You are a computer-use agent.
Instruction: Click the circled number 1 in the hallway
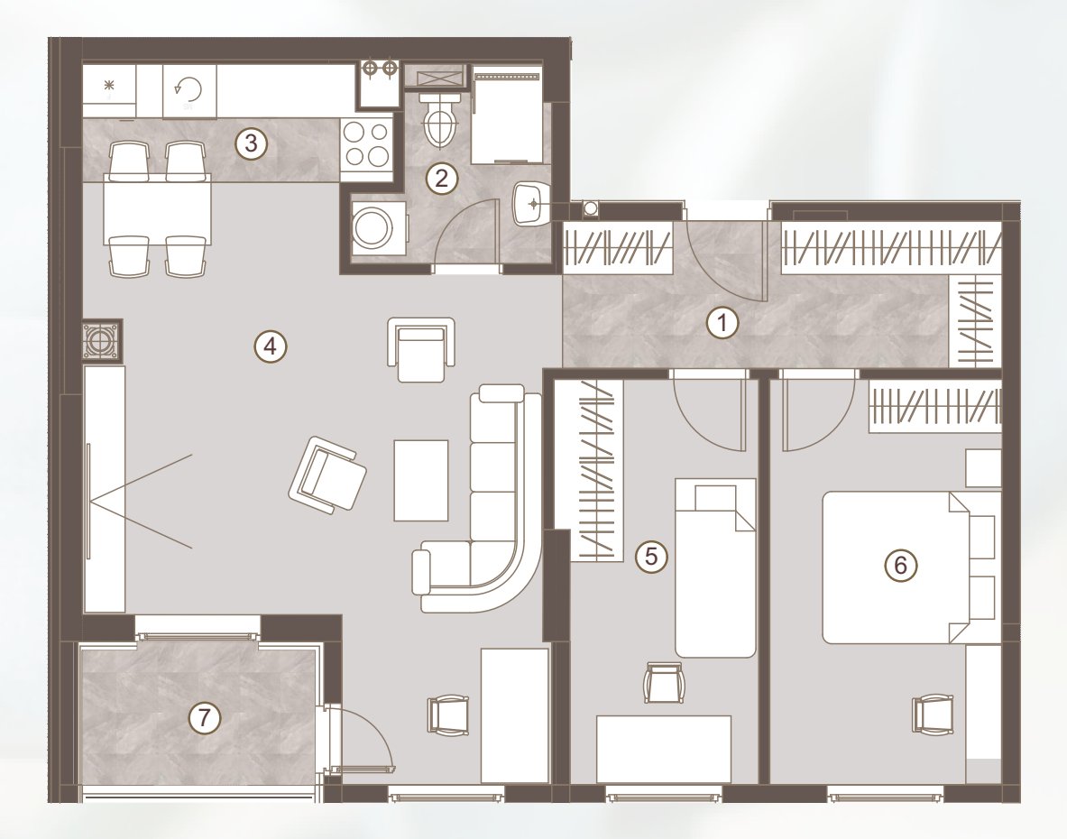click(722, 322)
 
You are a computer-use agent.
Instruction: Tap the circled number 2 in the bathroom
click(441, 179)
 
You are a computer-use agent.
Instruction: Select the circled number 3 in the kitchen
click(251, 143)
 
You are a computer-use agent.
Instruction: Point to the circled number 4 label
click(271, 347)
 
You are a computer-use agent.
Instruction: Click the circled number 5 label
click(651, 557)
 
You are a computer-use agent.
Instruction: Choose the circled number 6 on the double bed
click(900, 565)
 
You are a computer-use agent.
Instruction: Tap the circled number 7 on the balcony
click(204, 718)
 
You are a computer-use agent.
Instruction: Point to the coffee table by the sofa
click(420, 480)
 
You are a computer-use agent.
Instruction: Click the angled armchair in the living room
click(327, 475)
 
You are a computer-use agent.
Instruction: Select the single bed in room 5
click(715, 567)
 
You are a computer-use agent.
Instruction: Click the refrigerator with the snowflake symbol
click(109, 92)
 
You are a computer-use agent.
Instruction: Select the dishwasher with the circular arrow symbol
click(189, 92)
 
